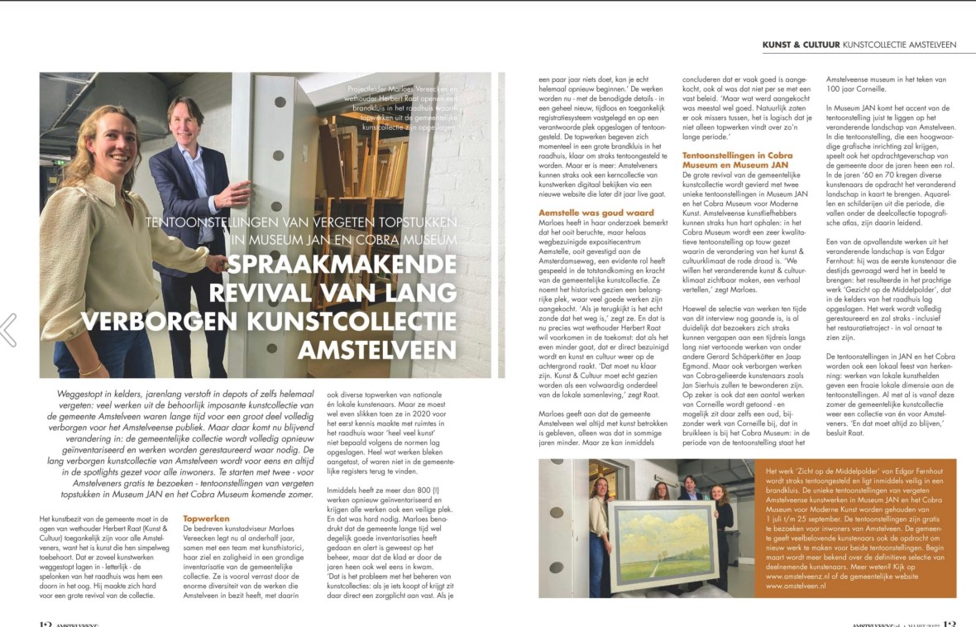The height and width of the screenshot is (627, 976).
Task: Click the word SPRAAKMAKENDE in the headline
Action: point(341,266)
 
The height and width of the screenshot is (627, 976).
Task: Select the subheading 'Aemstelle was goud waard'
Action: point(584,213)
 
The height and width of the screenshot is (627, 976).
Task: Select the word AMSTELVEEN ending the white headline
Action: point(377,350)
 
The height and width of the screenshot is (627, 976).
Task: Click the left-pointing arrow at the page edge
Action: point(9,329)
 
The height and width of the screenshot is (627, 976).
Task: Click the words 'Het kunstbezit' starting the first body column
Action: point(63,518)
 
